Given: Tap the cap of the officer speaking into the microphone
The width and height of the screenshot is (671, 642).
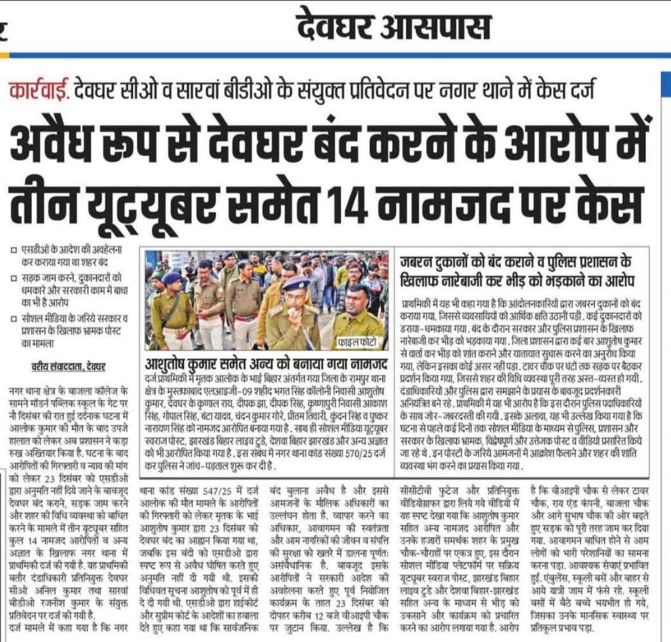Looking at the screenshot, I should coord(298,282).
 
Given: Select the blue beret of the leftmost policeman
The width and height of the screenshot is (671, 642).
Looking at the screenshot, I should coord(170,277).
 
